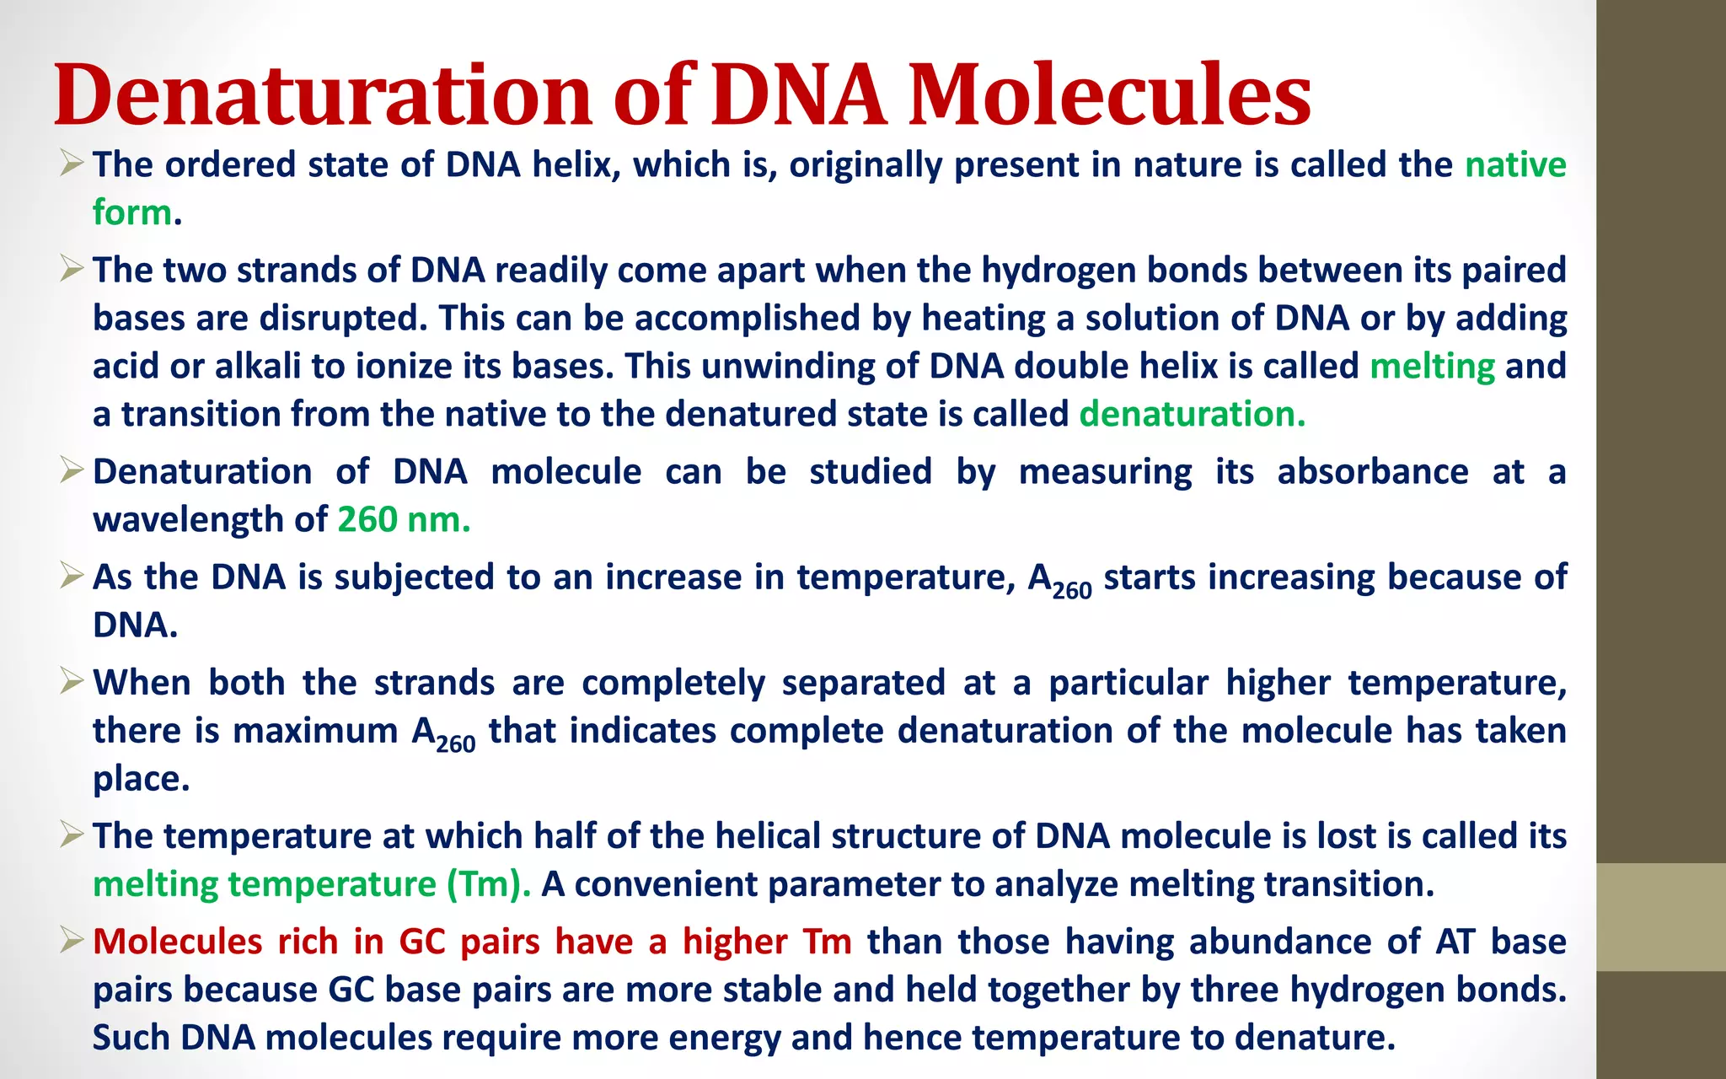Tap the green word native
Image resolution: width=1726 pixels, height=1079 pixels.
[x=1515, y=164]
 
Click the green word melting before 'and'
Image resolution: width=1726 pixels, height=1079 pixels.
[x=1432, y=367]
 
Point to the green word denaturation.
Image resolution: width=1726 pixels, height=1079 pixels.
[x=1192, y=415]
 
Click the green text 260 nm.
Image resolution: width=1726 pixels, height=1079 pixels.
[x=404, y=520]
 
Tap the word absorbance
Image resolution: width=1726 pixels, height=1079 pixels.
[x=1372, y=472]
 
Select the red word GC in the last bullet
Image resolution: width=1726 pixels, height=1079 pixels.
[x=422, y=942]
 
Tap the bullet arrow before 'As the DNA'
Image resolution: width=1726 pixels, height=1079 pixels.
[x=72, y=577]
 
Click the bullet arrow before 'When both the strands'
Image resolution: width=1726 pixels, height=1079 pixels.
[x=72, y=681]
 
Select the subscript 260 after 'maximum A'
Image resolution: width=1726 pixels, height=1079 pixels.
[x=456, y=744]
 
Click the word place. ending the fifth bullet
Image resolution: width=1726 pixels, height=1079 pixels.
[x=141, y=780]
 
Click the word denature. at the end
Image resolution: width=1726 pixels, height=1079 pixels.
[x=1315, y=1038]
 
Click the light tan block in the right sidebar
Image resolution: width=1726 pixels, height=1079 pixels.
[x=1660, y=917]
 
